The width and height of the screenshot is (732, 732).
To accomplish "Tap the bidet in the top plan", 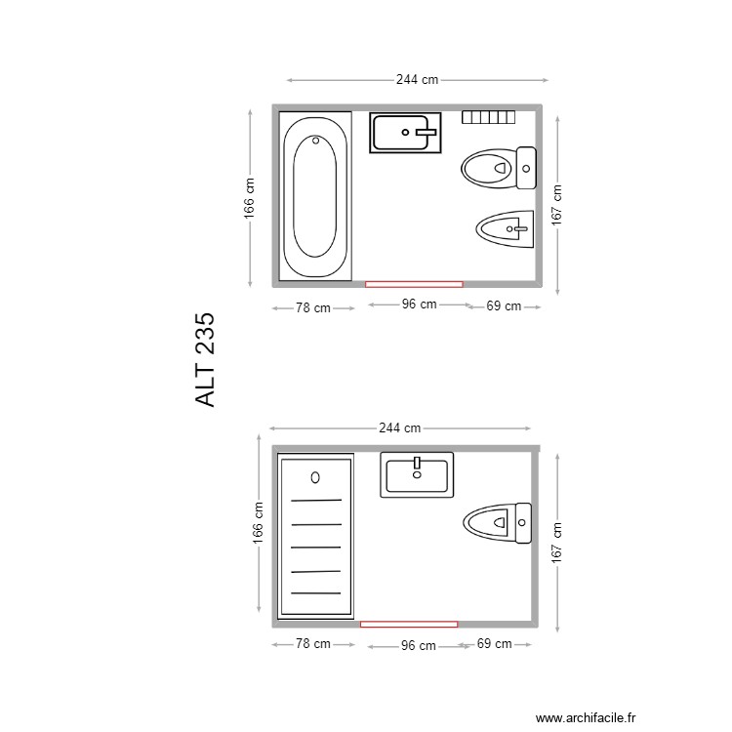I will [x=506, y=229].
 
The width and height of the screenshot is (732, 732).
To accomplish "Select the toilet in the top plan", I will [x=499, y=167].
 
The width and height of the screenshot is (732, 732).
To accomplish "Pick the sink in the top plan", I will [x=405, y=132].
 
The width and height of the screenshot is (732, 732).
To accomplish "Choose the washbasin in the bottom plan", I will [x=417, y=474].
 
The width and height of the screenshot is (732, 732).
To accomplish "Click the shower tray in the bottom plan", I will [x=315, y=537].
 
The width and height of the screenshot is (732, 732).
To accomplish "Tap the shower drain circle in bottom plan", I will [x=315, y=476].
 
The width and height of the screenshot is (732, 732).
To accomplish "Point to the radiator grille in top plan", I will [x=488, y=117].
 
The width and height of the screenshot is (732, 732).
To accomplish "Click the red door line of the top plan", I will [x=414, y=284].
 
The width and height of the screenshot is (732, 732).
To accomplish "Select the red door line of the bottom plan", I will [x=409, y=623].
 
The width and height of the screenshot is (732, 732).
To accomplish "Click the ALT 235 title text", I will [x=204, y=360].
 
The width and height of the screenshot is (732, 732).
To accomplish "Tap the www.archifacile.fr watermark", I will [x=586, y=716].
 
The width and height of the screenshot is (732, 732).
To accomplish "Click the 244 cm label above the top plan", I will [x=417, y=80].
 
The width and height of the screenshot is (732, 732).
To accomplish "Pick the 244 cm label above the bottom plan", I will [x=400, y=427].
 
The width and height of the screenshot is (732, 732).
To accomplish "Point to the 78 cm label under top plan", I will [x=312, y=307].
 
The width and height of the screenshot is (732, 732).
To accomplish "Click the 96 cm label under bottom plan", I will [x=419, y=645].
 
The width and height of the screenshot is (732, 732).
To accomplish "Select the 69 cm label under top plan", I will [x=503, y=306].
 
